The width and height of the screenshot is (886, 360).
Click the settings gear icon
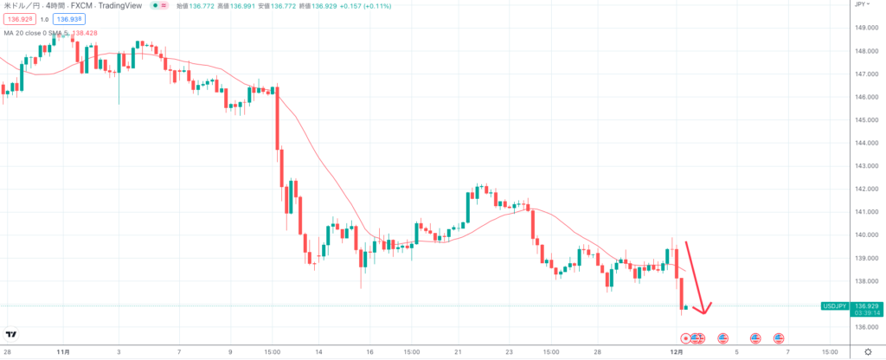pos(868,352)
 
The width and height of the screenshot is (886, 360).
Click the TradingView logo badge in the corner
pos(12,334)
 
